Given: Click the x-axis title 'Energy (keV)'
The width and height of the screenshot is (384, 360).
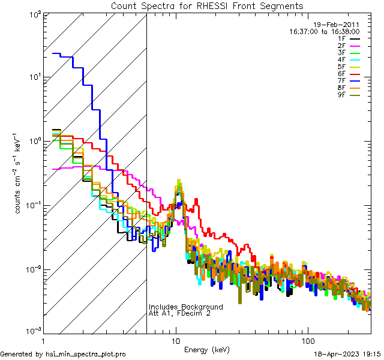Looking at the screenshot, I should pyautogui.click(x=206, y=349).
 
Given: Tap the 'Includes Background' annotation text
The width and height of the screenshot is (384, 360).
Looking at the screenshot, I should pyautogui.click(x=185, y=307).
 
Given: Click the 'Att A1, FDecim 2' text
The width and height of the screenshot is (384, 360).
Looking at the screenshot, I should pyautogui.click(x=179, y=314).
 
